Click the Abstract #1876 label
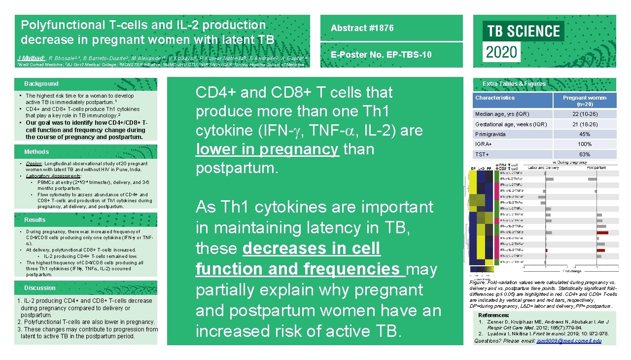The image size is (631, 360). pos(362,28)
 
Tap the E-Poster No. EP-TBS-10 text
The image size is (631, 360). pos(381,55)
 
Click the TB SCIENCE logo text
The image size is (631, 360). pos(524,32)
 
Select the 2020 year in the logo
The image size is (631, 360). pos(502,52)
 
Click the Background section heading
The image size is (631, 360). pos(41,84)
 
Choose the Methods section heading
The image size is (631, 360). pos(36,152)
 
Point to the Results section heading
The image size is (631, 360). pos(35,220)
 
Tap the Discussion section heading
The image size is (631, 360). pos(40,288)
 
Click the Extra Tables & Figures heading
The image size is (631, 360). pos(514,84)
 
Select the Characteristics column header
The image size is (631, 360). pos(495,98)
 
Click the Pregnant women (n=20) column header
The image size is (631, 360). pos(585,101)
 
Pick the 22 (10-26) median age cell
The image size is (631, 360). pos(585,114)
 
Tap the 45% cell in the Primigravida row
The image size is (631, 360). pos(585,134)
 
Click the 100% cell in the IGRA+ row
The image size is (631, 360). pos(585,144)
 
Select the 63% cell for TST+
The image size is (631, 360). pos(585,155)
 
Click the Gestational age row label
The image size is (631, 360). pos(511,124)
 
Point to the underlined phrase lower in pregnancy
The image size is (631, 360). pos(267,149)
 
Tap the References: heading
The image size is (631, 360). pos(493,315)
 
